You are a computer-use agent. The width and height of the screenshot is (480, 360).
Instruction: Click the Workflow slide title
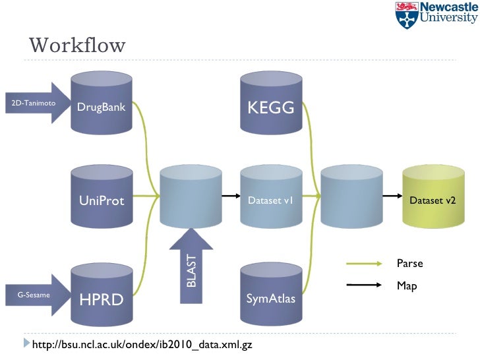click(77, 45)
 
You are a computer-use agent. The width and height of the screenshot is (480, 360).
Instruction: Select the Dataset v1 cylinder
click(270, 198)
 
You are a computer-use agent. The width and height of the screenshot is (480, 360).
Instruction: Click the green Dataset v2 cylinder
click(433, 198)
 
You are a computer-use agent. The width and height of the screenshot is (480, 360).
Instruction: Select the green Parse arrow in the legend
click(365, 264)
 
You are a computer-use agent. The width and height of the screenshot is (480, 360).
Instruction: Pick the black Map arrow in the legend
click(365, 285)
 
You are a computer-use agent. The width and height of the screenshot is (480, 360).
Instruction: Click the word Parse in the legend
click(409, 264)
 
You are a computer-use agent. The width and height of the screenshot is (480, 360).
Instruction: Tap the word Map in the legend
click(407, 286)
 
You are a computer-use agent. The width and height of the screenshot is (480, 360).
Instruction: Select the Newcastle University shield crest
click(406, 15)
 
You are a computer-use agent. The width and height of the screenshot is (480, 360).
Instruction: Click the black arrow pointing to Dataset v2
click(392, 196)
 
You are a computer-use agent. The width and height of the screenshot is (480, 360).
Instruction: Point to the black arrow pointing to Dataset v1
click(230, 196)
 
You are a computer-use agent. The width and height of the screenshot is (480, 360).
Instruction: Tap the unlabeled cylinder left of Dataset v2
click(351, 198)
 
